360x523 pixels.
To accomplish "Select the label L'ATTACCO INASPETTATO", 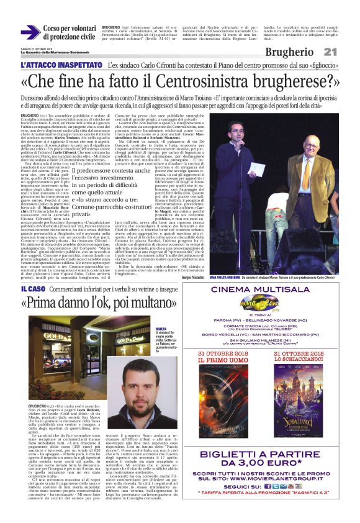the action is pyautogui.click(x=61, y=65).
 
